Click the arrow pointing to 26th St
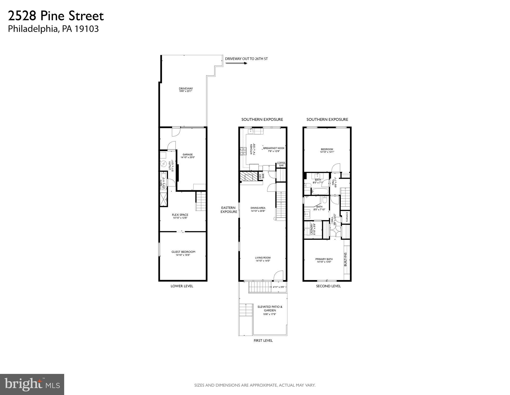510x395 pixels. pyautogui.click(x=236, y=63)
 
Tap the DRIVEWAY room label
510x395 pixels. pyautogui.click(x=186, y=89)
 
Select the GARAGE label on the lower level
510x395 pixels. pyautogui.click(x=188, y=155)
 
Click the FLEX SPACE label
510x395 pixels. pyautogui.click(x=180, y=215)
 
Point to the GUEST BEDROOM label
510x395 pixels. pyautogui.click(x=183, y=252)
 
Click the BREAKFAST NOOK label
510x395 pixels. pyautogui.click(x=274, y=148)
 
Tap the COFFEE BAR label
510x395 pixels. pyautogui.click(x=281, y=164)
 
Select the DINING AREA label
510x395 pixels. pyautogui.click(x=258, y=208)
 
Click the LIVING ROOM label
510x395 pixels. pyautogui.click(x=263, y=258)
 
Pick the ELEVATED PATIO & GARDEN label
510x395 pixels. pyautogui.click(x=270, y=309)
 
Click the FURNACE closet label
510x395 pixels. pyautogui.click(x=347, y=217)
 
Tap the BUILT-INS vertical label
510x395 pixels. pyautogui.click(x=345, y=259)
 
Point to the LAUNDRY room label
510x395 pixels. pyautogui.click(x=312, y=229)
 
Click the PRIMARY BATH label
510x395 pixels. pyautogui.click(x=324, y=259)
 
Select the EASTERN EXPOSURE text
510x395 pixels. pyautogui.click(x=228, y=210)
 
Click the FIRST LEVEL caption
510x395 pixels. pyautogui.click(x=263, y=341)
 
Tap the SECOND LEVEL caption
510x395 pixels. pyautogui.click(x=328, y=286)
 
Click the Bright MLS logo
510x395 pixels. pyautogui.click(x=32, y=384)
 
